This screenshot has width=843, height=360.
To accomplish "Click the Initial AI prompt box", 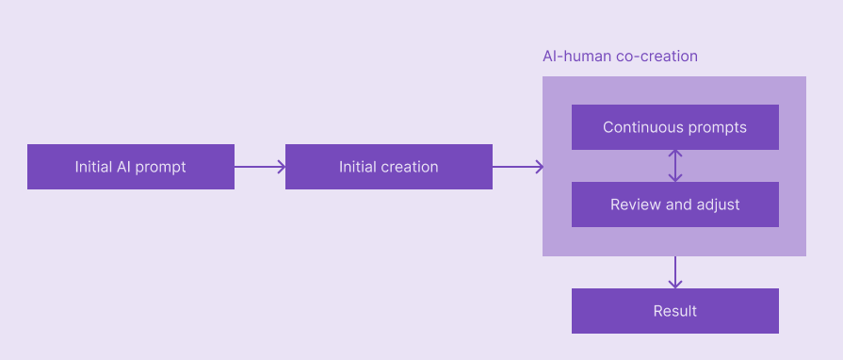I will point(130,167).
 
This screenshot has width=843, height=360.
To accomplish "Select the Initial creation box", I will point(388,167).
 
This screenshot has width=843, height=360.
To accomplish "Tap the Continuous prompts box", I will point(674,127).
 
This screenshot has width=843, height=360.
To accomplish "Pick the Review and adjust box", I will point(674,205).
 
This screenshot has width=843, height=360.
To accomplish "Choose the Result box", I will point(674,311).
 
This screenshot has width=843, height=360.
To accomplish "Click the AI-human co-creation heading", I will point(620,57).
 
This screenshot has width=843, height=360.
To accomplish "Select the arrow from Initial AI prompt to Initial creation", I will point(259,167).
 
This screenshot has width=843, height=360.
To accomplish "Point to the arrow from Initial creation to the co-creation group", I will point(517,167).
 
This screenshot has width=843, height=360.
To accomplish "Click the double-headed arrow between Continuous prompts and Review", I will point(674,166).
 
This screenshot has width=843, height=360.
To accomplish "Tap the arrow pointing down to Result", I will point(674,271).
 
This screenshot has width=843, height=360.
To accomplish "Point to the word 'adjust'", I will point(717,205).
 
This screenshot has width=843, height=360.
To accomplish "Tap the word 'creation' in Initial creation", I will point(411,167).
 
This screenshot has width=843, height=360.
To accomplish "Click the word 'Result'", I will point(674,311).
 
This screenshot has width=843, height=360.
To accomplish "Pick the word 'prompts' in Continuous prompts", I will point(713,127).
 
